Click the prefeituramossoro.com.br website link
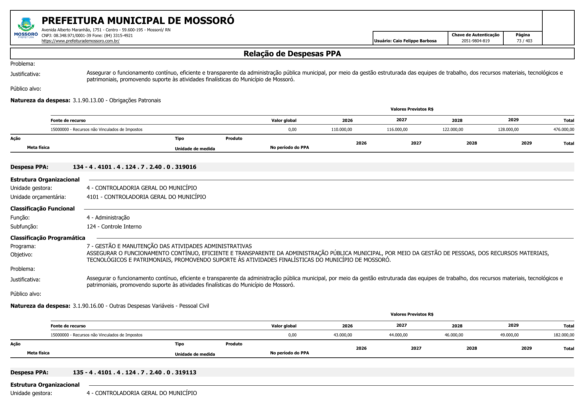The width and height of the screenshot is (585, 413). (x=80, y=41)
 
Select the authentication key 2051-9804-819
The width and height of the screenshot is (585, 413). (x=475, y=41)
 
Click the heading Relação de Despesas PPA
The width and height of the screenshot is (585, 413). (x=292, y=54)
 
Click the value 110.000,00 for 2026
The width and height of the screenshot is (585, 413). (x=341, y=130)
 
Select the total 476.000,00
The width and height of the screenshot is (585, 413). (x=564, y=130)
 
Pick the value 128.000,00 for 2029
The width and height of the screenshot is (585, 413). (x=508, y=130)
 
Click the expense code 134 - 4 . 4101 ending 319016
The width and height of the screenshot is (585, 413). (x=134, y=167)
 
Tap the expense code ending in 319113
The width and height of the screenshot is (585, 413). (x=134, y=372)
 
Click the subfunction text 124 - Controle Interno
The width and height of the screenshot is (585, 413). (x=114, y=226)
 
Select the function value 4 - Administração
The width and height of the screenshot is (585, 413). (x=108, y=217)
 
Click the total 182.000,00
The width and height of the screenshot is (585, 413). (x=564, y=335)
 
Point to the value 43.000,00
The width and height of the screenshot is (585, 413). (x=343, y=335)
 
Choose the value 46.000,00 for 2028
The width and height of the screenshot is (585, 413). (x=454, y=335)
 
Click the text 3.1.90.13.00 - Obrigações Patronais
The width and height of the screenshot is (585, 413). (x=117, y=100)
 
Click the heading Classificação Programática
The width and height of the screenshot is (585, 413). (x=48, y=238)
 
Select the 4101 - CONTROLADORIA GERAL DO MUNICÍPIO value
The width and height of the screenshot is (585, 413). (x=146, y=197)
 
